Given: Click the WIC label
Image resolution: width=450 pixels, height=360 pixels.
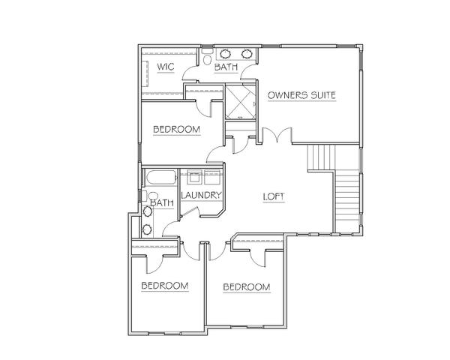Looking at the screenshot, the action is (166, 67).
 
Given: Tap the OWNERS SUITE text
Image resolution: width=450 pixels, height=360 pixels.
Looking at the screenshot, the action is (301, 95).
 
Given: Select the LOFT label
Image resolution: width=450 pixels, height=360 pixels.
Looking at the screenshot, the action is (274, 196).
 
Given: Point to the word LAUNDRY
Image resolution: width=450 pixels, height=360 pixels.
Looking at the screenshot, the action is (201, 196).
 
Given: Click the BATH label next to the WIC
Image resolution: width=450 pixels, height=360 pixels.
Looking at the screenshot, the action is (226, 67).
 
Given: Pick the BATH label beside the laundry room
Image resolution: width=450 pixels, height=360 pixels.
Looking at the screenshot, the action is (162, 203).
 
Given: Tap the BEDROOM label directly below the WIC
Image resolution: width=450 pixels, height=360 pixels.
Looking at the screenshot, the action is (176, 130).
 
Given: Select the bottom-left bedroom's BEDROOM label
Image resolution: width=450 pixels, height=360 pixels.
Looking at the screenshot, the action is (165, 286).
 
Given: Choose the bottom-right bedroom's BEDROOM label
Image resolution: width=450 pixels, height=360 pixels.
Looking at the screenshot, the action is (247, 287).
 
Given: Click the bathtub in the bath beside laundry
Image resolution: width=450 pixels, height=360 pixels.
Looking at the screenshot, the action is (160, 178).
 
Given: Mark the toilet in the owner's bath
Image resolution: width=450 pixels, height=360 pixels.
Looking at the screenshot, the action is (206, 57).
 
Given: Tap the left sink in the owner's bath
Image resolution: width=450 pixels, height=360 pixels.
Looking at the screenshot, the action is (226, 54).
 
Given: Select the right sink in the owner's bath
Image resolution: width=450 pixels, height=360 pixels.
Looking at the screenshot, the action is (247, 54).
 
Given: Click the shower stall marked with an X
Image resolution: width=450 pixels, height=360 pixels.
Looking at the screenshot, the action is (240, 101).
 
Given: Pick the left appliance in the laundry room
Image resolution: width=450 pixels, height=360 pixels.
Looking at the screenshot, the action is (194, 177).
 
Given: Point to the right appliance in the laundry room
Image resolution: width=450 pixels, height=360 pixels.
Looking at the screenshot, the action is (212, 177).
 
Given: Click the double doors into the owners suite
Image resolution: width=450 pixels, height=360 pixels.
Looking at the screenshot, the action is (277, 135).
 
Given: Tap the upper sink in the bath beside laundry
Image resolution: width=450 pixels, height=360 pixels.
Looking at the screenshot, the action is (148, 211).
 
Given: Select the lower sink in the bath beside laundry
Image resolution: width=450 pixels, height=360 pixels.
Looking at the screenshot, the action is (148, 229).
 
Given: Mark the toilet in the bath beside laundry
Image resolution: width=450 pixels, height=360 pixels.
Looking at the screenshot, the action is (151, 196).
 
